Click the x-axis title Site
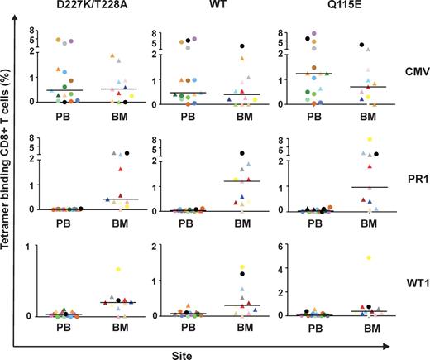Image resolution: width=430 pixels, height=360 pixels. coord(217,349)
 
